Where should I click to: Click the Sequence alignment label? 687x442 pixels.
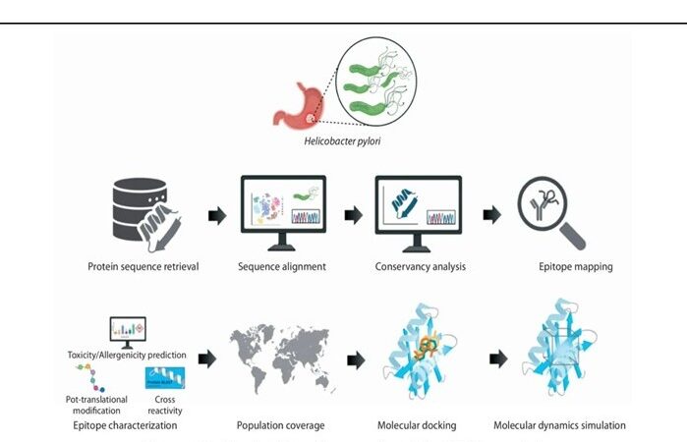282,265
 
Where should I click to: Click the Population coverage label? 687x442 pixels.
281,425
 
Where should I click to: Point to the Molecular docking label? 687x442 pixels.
419,425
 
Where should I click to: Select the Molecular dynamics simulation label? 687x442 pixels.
560,425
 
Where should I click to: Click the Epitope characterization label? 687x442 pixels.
125,425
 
